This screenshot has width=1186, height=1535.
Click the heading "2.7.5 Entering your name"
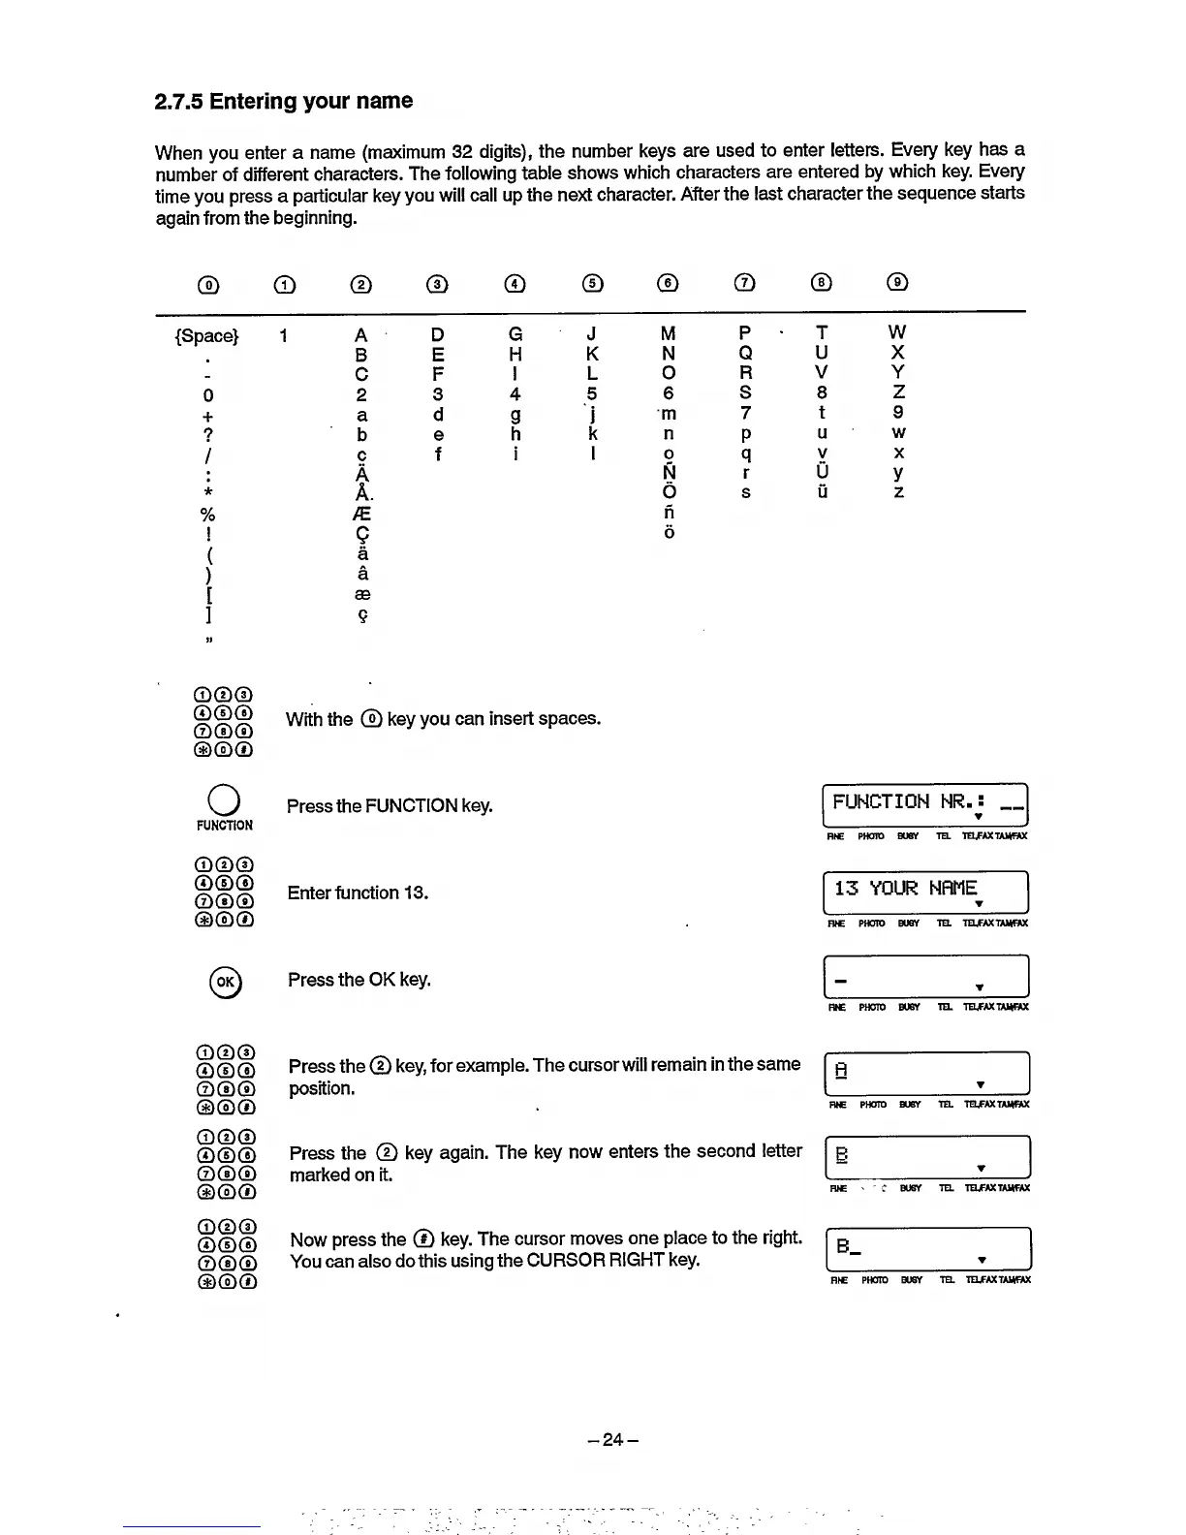(x=284, y=102)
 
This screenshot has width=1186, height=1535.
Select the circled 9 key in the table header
(x=898, y=283)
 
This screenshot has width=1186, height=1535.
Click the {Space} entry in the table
(x=206, y=336)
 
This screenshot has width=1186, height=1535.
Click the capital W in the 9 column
(x=898, y=333)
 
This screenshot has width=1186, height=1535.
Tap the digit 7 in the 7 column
(x=745, y=414)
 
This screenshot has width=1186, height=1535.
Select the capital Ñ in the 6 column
(x=669, y=472)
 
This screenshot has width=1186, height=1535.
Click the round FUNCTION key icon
(x=224, y=799)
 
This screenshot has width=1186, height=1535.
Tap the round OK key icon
(x=225, y=982)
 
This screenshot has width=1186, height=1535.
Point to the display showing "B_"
(x=927, y=1248)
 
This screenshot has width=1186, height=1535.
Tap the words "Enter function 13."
(x=358, y=893)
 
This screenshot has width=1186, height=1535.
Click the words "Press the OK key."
(x=359, y=980)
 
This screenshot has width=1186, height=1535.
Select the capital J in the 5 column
(x=591, y=333)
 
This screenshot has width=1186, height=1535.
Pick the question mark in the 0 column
(x=207, y=434)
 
